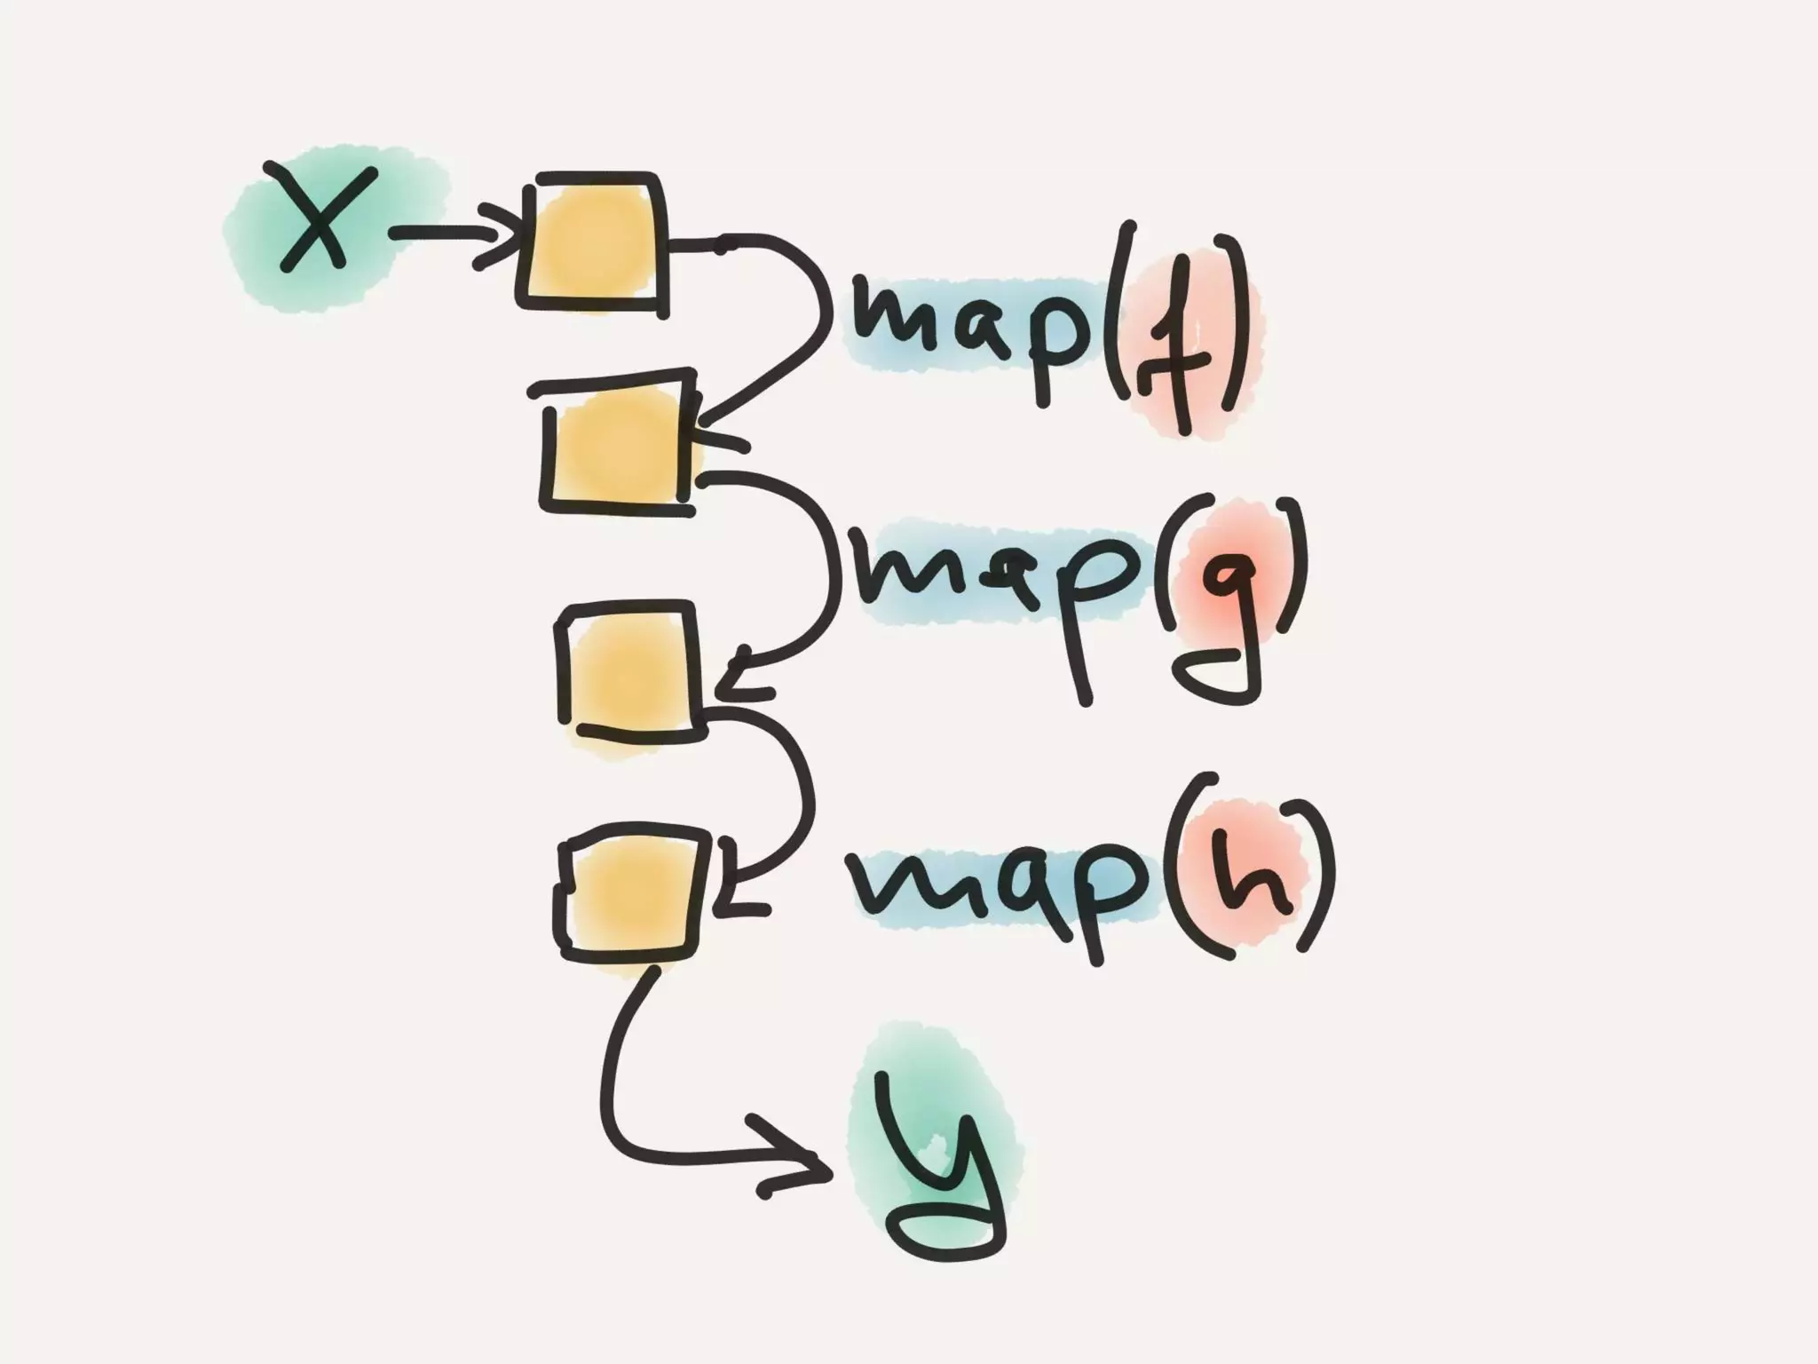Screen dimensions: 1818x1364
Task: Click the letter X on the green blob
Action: pos(315,218)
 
